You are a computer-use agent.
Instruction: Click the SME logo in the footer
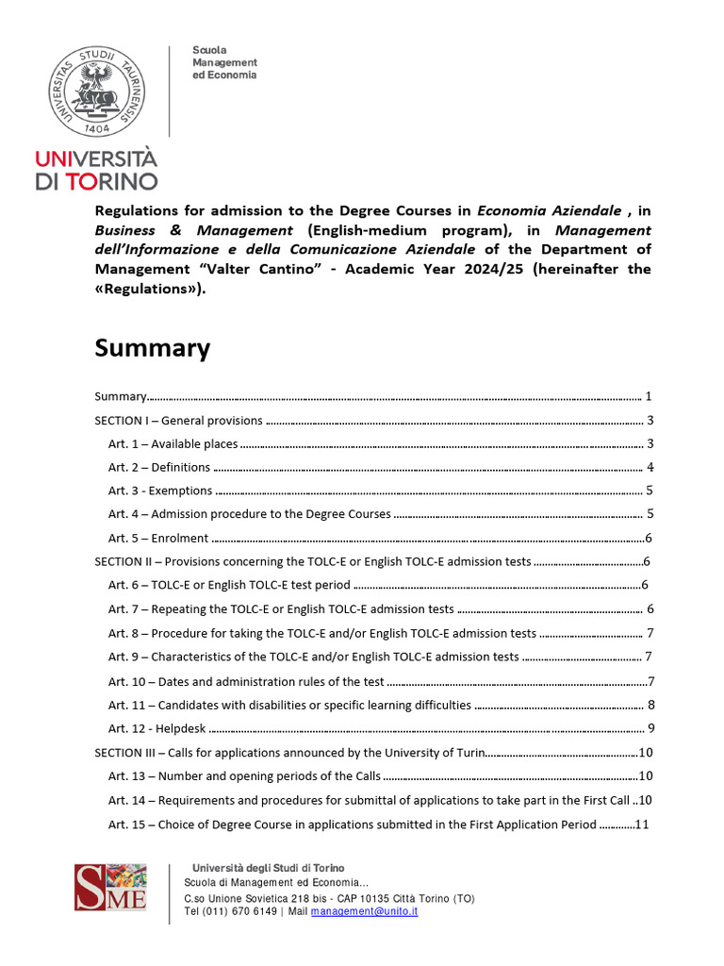[x=110, y=887]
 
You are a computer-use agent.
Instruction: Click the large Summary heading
[x=152, y=348]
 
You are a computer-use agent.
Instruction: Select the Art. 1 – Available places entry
[x=173, y=443]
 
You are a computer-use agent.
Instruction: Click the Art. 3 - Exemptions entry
[x=159, y=491]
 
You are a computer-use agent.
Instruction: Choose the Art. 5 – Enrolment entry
[x=157, y=538]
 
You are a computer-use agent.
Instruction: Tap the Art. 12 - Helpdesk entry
[x=156, y=727]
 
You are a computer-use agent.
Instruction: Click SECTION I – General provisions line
[x=178, y=421]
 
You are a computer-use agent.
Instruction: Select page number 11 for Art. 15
[x=643, y=824]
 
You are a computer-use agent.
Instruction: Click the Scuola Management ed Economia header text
[x=224, y=62]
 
